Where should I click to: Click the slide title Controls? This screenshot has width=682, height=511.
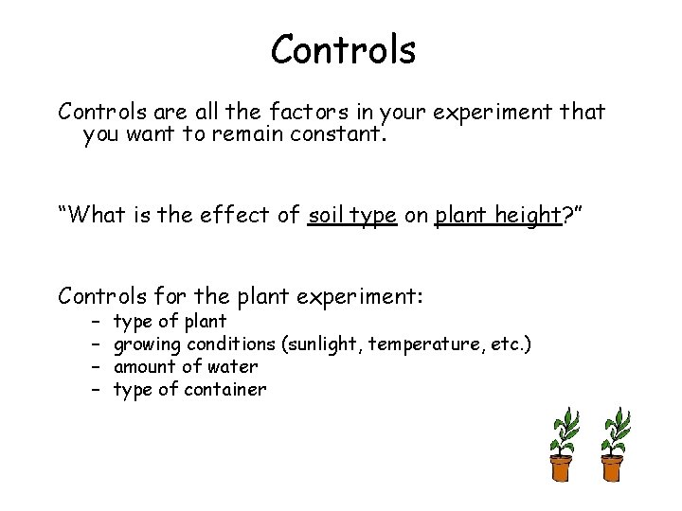point(343,49)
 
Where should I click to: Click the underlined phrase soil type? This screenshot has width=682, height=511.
point(352,215)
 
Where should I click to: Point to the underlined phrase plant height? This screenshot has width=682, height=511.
point(497,215)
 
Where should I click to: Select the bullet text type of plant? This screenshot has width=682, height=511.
point(170,321)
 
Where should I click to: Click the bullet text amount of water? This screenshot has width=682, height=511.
point(186,366)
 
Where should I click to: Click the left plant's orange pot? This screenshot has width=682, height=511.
point(561,467)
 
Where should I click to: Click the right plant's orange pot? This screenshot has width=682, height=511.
point(613,467)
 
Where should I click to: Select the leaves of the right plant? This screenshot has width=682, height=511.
point(615,430)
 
